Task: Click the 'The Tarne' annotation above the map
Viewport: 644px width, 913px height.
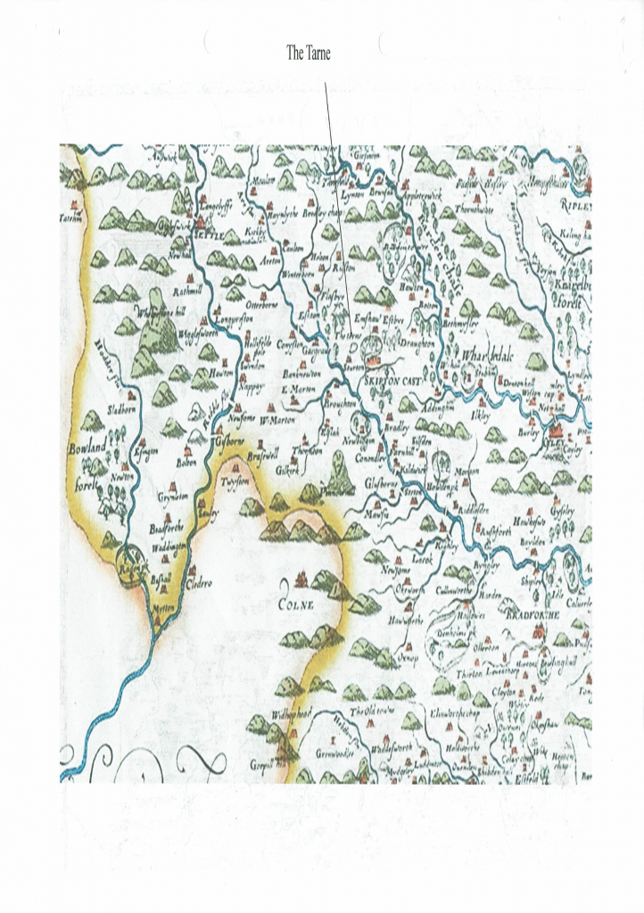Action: point(308,53)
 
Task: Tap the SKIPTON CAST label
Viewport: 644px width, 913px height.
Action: point(392,380)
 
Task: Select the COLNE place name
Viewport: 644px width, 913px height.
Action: point(296,610)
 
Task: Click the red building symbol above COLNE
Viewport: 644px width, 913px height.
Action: point(301,580)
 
